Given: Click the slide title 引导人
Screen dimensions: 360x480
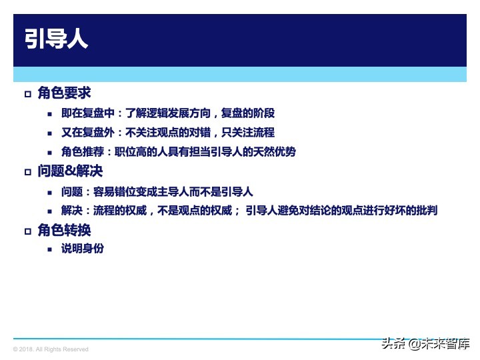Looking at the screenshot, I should click(x=56, y=39).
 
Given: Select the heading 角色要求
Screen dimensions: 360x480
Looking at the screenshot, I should click(x=64, y=93).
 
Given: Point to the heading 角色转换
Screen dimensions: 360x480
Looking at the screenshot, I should click(x=64, y=230).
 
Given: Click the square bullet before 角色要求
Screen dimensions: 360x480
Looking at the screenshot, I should click(x=27, y=94).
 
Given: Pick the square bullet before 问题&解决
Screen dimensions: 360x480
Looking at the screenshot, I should click(x=27, y=173).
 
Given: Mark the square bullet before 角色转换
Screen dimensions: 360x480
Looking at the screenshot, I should click(x=27, y=231).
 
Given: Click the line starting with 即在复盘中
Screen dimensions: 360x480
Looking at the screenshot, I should click(x=167, y=113).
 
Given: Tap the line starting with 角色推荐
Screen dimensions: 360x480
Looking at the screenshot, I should click(x=178, y=152).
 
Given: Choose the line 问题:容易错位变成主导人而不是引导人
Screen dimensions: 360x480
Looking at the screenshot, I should click(x=157, y=191).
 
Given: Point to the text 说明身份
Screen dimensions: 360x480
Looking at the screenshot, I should click(x=82, y=249).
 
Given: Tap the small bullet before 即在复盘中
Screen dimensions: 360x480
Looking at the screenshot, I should click(x=49, y=114).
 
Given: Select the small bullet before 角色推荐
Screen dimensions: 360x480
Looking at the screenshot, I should click(x=49, y=153).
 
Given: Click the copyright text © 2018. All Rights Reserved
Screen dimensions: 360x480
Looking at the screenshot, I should click(x=51, y=349).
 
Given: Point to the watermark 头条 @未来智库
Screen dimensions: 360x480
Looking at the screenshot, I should click(x=425, y=345).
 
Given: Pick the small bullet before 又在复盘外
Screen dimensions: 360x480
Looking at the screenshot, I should click(x=49, y=133).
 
